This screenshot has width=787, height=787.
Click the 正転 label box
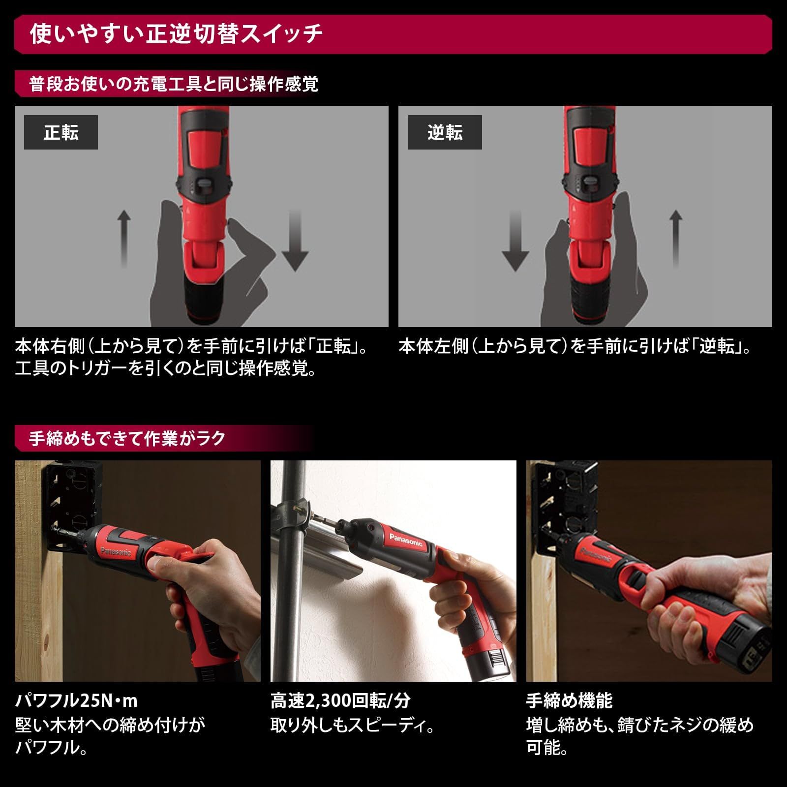click(x=61, y=132)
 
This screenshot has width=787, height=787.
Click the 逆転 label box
click(x=445, y=132)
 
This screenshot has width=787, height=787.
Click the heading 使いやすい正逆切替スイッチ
click(x=176, y=34)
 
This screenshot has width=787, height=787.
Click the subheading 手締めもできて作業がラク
click(x=127, y=438)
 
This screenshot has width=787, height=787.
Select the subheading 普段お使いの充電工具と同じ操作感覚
click(x=173, y=84)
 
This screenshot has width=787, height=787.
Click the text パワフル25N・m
click(x=76, y=700)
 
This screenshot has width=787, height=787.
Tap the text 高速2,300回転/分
click(x=340, y=700)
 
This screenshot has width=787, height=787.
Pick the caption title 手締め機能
click(x=569, y=700)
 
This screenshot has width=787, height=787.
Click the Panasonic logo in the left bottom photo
click(x=116, y=551)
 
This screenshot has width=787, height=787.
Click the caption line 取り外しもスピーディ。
click(x=352, y=725)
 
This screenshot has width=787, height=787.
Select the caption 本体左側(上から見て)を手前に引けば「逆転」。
click(x=575, y=347)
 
